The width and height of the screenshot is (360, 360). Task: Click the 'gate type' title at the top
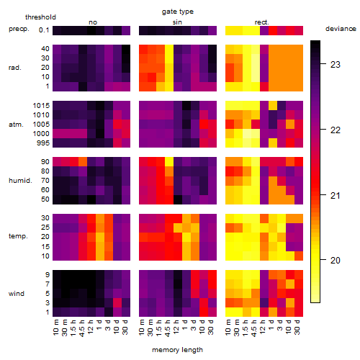click(x=178, y=12)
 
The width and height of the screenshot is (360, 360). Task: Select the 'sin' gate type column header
click(x=177, y=22)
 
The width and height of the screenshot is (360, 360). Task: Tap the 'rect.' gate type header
click(x=261, y=22)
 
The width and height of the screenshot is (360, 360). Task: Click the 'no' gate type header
click(x=93, y=22)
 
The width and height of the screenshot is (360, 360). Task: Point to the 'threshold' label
click(x=40, y=17)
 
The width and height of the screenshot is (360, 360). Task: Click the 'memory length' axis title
click(x=177, y=350)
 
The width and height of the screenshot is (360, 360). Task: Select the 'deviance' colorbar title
click(x=341, y=29)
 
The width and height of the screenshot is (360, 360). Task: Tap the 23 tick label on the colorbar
click(x=335, y=64)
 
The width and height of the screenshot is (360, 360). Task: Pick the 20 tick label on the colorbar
click(x=335, y=260)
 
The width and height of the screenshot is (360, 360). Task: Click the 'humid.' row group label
click(x=20, y=181)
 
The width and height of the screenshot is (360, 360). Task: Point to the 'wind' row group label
click(x=17, y=294)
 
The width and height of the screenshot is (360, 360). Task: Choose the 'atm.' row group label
click(x=16, y=125)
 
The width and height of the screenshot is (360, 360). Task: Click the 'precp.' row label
click(x=19, y=29)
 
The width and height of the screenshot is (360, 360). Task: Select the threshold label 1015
click(x=41, y=106)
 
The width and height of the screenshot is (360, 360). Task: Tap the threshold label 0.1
click(x=44, y=30)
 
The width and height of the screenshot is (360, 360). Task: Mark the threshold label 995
click(x=43, y=143)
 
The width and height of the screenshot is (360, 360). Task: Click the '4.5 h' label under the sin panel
click(x=168, y=328)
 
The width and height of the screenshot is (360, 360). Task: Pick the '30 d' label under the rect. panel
click(x=297, y=327)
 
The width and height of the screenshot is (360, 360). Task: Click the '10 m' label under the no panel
click(x=55, y=327)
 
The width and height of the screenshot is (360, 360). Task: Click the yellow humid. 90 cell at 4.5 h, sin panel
click(x=169, y=161)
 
